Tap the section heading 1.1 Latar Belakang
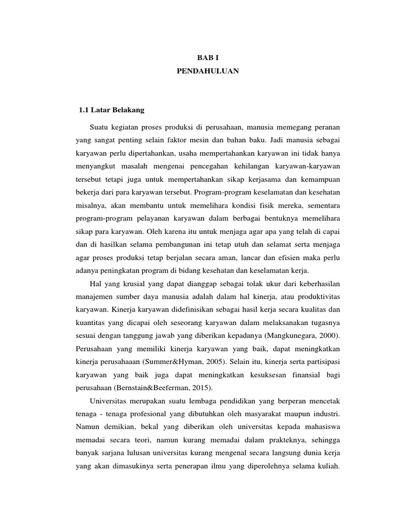[111, 110]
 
